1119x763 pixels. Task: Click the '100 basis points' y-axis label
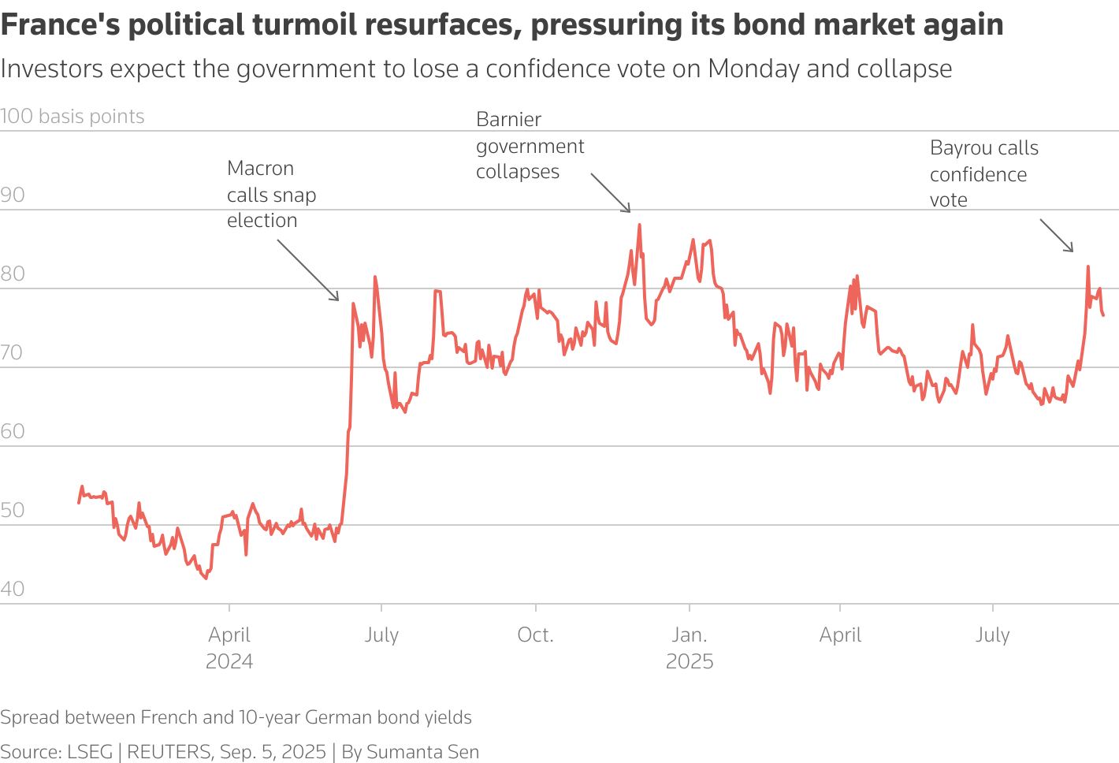pyautogui.click(x=72, y=117)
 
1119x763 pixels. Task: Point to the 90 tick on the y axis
pyautogui.click(x=13, y=195)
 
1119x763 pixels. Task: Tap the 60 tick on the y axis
pyautogui.click(x=13, y=431)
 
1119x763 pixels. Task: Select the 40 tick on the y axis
pyautogui.click(x=13, y=589)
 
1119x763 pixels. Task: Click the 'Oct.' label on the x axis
pyautogui.click(x=535, y=635)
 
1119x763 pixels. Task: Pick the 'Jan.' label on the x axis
pyautogui.click(x=690, y=635)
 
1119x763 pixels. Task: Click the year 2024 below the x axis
pyautogui.click(x=229, y=661)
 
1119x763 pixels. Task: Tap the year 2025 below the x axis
pyautogui.click(x=690, y=661)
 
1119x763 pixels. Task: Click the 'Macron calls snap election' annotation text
pyautogui.click(x=271, y=194)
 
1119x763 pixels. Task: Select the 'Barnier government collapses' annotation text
pyautogui.click(x=530, y=146)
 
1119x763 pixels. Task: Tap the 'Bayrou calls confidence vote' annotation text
pyautogui.click(x=983, y=173)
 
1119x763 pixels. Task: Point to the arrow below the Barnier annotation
pyautogui.click(x=611, y=193)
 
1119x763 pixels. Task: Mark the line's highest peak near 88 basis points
pyautogui.click(x=639, y=225)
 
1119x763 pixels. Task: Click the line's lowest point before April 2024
pyautogui.click(x=206, y=579)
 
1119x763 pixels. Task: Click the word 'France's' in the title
pyautogui.click(x=60, y=25)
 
